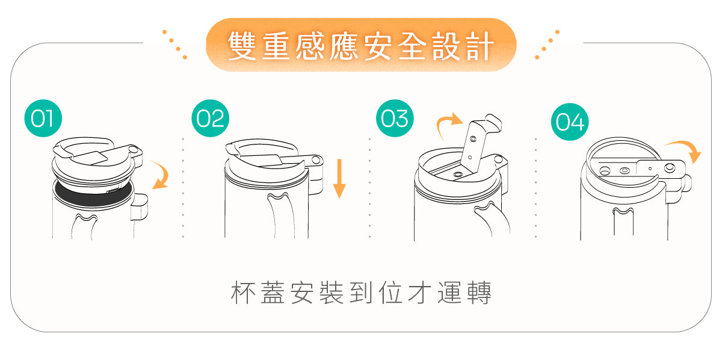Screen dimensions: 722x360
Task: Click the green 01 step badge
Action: [x=43, y=118]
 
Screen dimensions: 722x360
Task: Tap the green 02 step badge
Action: [x=210, y=118]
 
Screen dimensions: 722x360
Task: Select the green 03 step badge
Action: [x=395, y=118]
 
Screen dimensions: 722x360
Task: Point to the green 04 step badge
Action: [x=570, y=122]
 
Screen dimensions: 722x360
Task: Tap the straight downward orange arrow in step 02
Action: [x=339, y=178]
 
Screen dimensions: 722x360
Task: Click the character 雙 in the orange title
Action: [x=242, y=46]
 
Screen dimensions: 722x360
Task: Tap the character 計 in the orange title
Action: [x=480, y=46]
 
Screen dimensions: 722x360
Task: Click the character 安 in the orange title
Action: [x=378, y=46]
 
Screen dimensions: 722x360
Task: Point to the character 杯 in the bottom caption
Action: [x=243, y=293]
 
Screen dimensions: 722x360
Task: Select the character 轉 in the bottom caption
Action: [x=480, y=293]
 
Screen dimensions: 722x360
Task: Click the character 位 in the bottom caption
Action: [x=390, y=293]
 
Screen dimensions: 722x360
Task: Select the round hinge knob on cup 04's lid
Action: [x=670, y=168]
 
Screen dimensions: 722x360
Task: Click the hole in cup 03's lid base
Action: [x=458, y=175]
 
